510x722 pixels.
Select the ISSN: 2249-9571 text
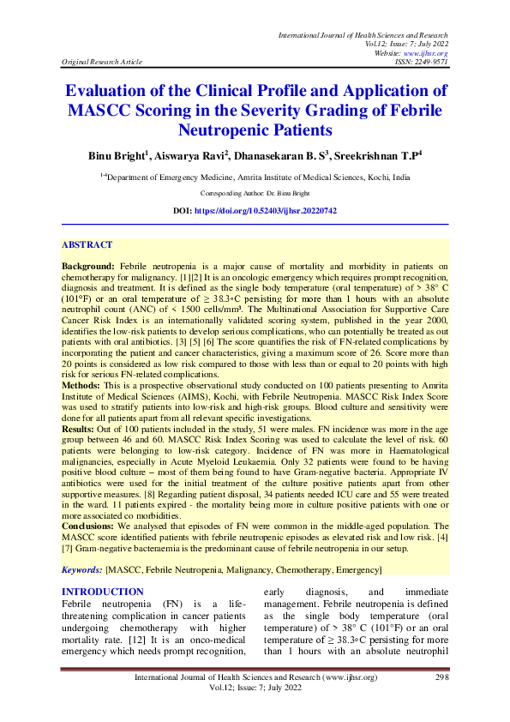click(419, 62)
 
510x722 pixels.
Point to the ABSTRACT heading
click(88, 244)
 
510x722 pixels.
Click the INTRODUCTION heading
click(103, 592)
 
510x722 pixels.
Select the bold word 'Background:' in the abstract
click(89, 268)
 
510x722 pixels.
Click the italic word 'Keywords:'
click(82, 570)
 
